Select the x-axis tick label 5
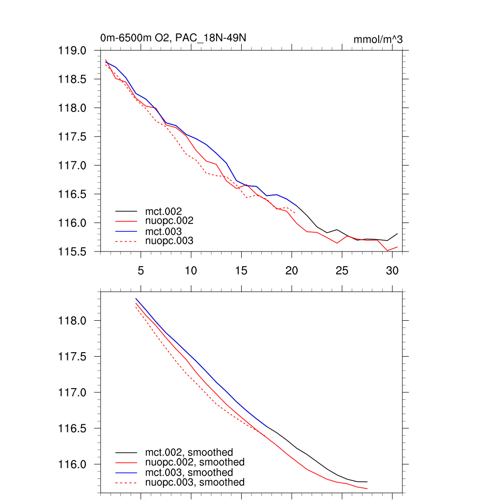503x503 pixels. click(140, 271)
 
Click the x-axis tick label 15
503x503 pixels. click(241, 271)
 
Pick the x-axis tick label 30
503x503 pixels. click(392, 271)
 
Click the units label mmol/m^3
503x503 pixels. click(378, 39)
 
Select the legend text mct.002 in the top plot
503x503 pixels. click(167, 211)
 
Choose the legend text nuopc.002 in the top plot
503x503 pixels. click(173, 221)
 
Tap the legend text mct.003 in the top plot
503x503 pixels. click(167, 231)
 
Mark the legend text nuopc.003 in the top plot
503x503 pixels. click(173, 241)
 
